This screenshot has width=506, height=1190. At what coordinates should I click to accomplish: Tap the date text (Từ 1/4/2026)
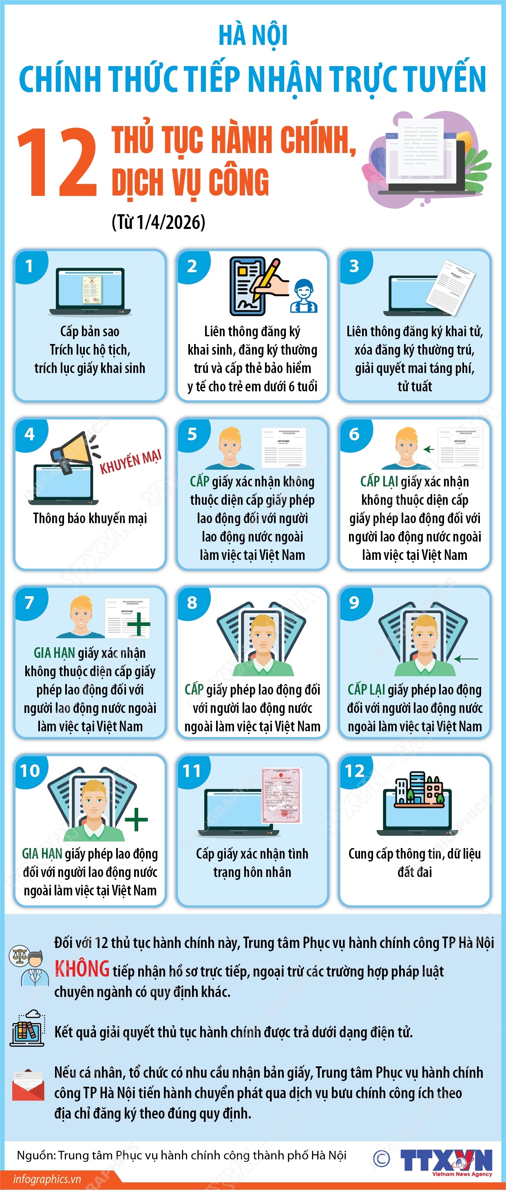coord(158,222)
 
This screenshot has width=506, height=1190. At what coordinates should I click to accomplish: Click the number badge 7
coord(29,602)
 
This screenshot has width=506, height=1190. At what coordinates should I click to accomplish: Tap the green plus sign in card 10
coord(136,819)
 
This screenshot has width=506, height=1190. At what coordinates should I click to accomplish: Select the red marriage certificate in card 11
coord(282,795)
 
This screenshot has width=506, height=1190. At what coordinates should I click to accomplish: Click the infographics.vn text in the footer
coord(47,1179)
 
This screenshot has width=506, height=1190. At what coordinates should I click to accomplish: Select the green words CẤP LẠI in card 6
coord(379,482)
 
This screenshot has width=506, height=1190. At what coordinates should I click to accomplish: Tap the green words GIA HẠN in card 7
coord(54,653)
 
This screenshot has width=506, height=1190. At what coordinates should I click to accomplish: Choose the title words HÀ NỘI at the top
coord(253,36)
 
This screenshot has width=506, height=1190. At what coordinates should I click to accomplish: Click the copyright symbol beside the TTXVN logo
coord(381,1158)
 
